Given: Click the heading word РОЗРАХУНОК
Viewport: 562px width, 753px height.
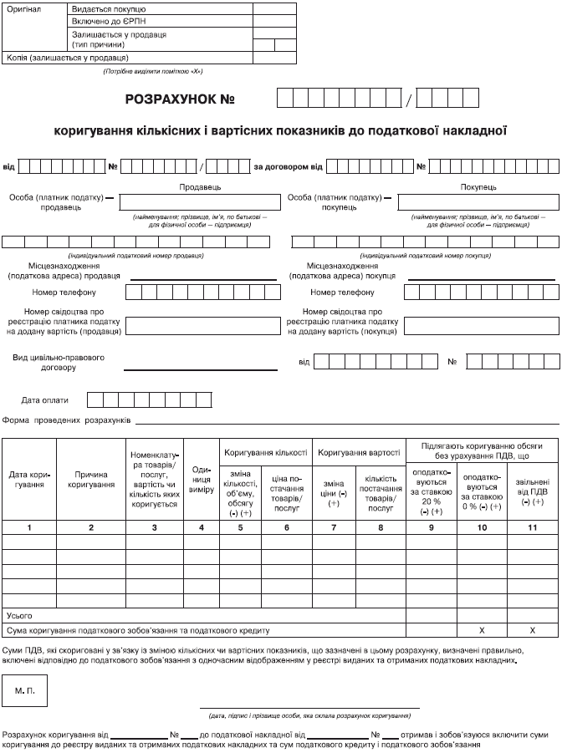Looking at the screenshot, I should click(x=166, y=99).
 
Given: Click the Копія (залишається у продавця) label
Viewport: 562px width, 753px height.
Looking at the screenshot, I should click(x=68, y=59).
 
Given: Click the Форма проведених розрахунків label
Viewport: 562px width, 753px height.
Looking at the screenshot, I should click(x=68, y=420).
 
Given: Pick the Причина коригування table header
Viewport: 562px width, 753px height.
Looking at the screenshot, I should click(x=90, y=480).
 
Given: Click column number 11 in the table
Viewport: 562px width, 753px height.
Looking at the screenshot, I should click(x=533, y=527).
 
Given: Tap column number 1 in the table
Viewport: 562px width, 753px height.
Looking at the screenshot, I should click(x=29, y=527).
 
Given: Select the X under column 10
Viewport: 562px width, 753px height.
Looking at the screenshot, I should click(x=482, y=628).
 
